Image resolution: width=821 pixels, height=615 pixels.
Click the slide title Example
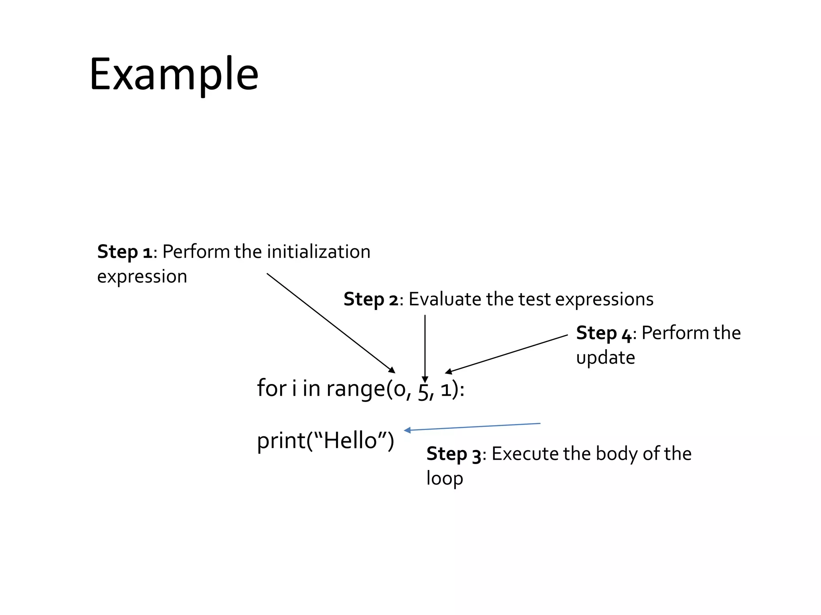click(x=174, y=75)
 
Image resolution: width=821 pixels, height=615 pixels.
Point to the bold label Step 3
click(x=453, y=454)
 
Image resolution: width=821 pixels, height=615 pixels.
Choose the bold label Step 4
click(x=604, y=333)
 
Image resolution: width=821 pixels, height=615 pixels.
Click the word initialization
click(x=319, y=252)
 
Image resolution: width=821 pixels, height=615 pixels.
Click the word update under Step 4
click(x=605, y=358)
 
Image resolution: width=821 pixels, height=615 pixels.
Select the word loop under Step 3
click(x=445, y=478)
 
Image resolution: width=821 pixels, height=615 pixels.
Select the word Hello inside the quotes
click(x=350, y=440)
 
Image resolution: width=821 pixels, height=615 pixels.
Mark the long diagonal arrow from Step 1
click(x=331, y=323)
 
